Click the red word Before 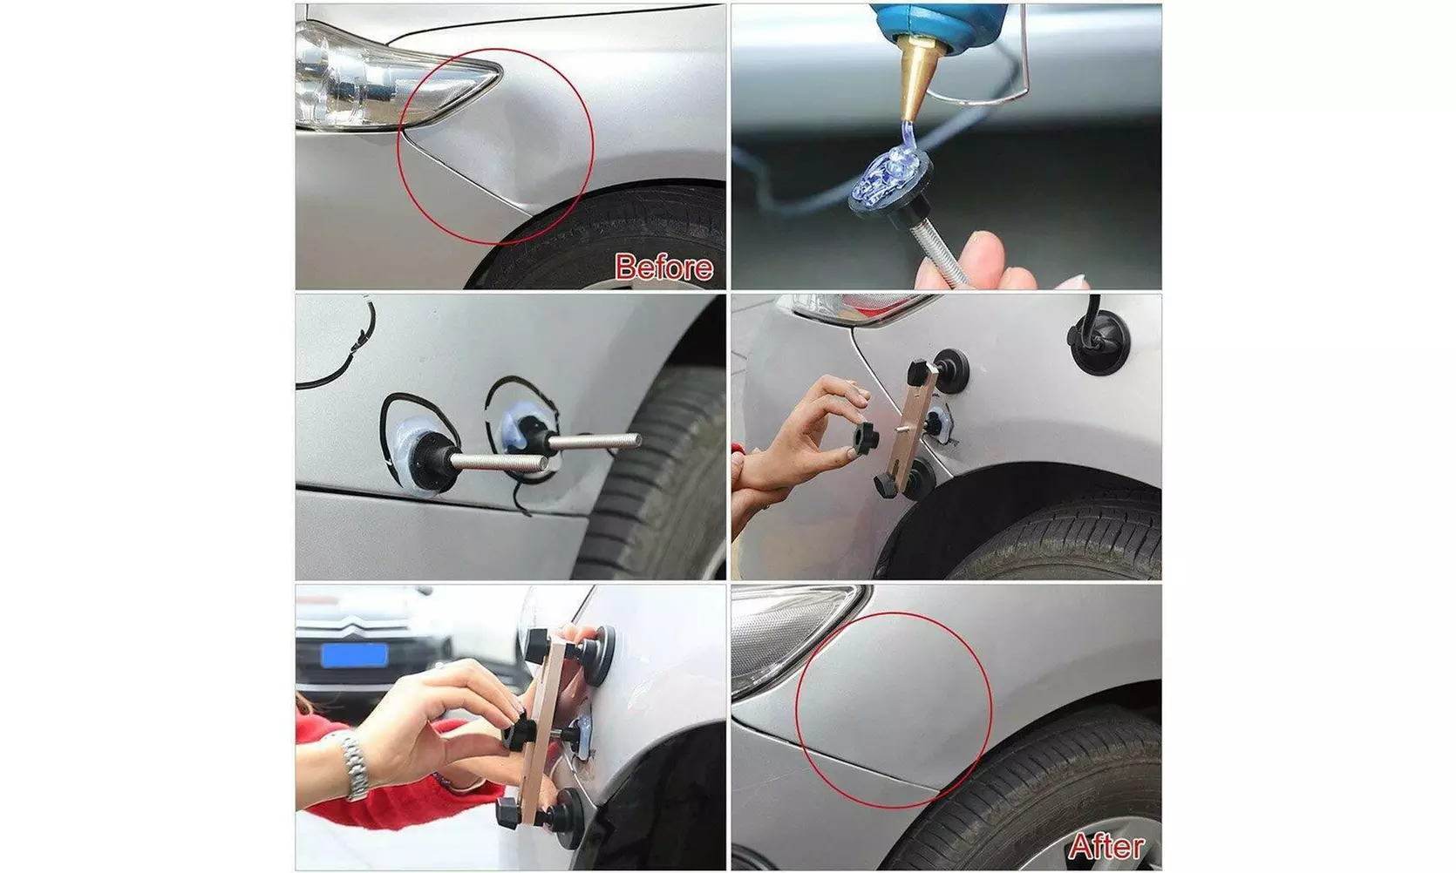663,267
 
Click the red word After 1106,846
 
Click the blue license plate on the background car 353,654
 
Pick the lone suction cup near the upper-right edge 1098,346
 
